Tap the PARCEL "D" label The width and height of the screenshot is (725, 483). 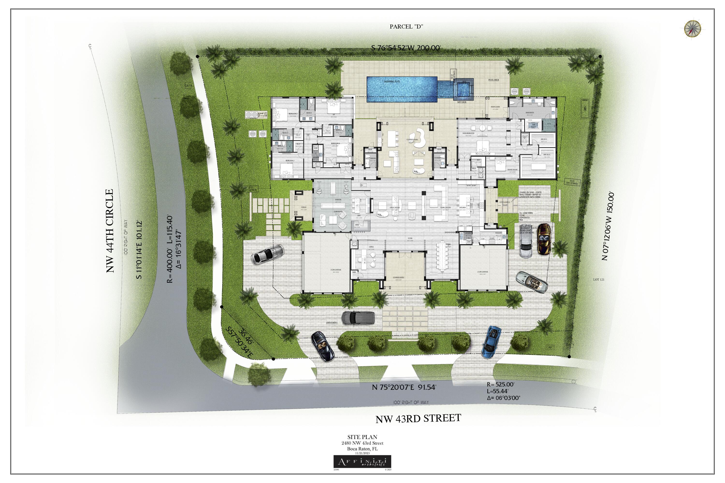coord(406,27)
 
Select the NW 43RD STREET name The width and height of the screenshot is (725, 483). coord(418,419)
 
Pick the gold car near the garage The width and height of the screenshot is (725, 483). coord(544,239)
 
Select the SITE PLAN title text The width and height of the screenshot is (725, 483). coord(362,437)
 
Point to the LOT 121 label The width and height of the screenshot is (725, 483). coord(599,279)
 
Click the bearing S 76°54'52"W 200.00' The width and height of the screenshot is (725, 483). coord(406,48)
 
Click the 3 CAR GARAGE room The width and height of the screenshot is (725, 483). coord(327,262)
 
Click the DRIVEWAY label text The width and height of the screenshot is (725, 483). coord(332,322)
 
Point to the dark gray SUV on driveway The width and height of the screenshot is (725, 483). coord(358,318)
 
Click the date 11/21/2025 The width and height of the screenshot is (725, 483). coord(362,453)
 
